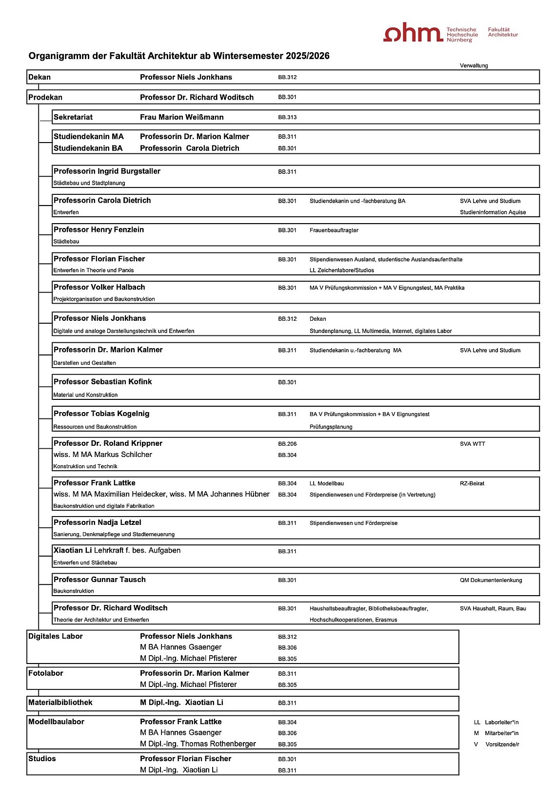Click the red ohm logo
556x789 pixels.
(413, 33)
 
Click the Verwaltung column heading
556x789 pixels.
(474, 65)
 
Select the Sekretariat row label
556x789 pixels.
(73, 117)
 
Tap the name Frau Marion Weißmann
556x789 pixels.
(181, 117)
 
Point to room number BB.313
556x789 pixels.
(287, 117)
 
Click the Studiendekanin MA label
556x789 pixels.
(88, 137)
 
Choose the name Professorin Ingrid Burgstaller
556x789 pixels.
(107, 171)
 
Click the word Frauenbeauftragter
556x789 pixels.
(334, 230)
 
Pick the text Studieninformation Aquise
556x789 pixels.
(493, 212)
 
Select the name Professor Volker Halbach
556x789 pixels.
(99, 288)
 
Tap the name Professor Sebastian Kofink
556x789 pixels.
(102, 382)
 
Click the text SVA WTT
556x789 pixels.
(472, 444)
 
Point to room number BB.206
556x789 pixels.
(287, 444)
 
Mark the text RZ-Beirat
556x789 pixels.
(472, 483)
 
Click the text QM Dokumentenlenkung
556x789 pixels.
(491, 580)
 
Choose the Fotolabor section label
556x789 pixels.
(46, 673)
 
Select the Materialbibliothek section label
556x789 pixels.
(60, 703)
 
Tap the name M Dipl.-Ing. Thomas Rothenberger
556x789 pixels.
(198, 744)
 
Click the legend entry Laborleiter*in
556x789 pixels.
(501, 722)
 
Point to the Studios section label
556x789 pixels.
(42, 759)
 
